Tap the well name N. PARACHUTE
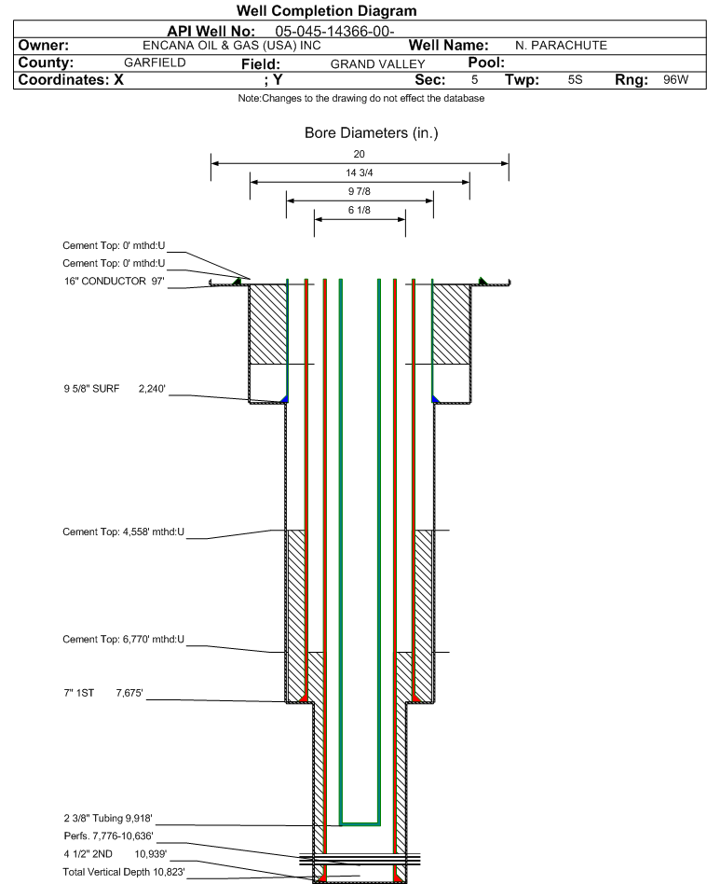point(561,45)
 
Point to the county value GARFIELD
point(155,62)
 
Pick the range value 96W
point(675,80)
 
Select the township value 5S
point(575,80)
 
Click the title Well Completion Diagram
point(327,11)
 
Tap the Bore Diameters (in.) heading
point(371,133)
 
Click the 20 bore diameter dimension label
point(360,155)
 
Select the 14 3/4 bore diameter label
point(360,173)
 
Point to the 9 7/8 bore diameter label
point(360,192)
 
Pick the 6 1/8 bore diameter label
point(360,211)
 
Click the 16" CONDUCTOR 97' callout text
point(114,281)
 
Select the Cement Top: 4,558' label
point(124,532)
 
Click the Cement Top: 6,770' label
point(124,640)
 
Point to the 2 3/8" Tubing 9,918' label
point(107,818)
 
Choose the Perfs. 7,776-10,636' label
point(107,836)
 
